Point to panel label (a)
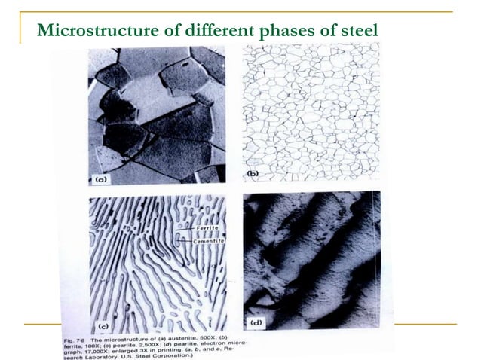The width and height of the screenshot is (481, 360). tap(101, 179)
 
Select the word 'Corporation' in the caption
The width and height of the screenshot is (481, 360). tap(172, 356)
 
